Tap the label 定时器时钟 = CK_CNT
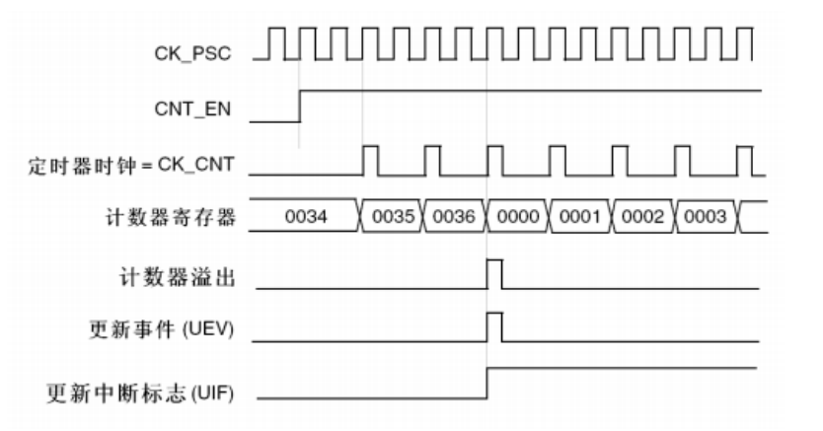coord(130,163)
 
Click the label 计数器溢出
coord(178,276)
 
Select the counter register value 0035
coord(393,217)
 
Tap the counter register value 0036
coord(453,217)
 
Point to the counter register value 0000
coord(517,217)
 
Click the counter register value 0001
coord(580,217)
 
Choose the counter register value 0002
coord(641,217)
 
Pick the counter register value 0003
coord(704,217)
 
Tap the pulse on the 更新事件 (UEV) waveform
coord(494,325)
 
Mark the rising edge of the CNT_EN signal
coord(300,107)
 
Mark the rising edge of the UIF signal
coord(487,384)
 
